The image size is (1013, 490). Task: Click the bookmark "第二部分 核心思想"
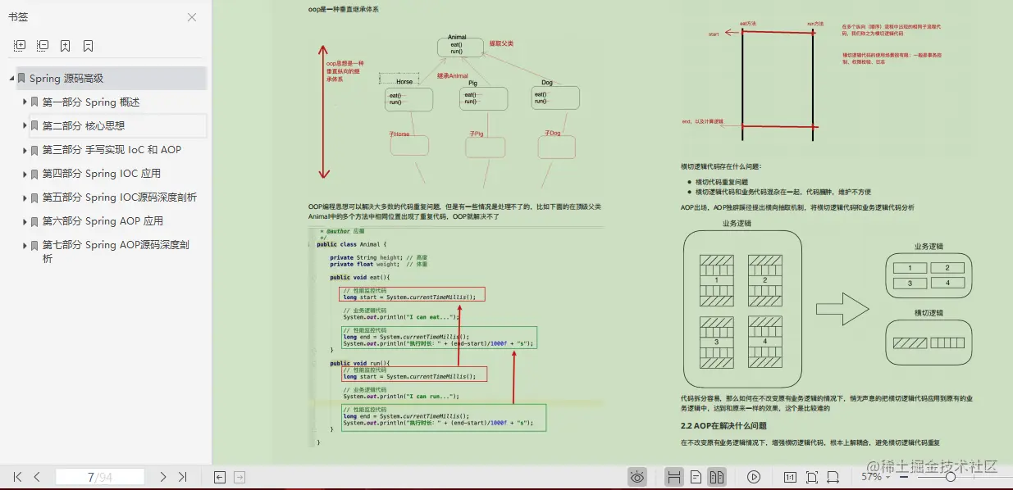[84, 126]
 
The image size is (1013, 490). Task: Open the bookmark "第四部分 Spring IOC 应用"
[102, 174]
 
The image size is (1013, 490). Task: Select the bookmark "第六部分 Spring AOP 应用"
[103, 221]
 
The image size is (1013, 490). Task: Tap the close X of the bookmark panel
[192, 17]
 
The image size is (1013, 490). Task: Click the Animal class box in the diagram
[456, 46]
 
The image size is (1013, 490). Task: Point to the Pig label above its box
[472, 83]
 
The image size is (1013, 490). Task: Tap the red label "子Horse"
[399, 134]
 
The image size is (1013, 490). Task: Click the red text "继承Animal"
[452, 75]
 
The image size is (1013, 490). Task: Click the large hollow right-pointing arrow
[842, 309]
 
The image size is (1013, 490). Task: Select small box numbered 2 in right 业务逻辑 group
[947, 268]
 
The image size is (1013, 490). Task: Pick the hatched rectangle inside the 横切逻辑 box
[909, 343]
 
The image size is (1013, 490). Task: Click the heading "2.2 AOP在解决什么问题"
[723, 426]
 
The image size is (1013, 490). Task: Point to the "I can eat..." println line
[400, 317]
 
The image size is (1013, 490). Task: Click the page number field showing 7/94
[100, 477]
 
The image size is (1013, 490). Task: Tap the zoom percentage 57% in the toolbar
[871, 477]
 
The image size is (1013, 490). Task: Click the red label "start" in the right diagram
[713, 34]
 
